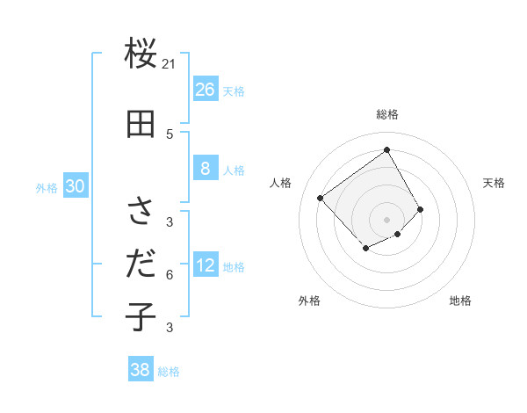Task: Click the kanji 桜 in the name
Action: [141, 54]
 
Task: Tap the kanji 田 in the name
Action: [141, 125]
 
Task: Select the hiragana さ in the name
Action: [141, 212]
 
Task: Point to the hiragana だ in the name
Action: [141, 263]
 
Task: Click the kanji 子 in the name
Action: [141, 315]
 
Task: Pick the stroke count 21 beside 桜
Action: [170, 63]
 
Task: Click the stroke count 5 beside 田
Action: [170, 134]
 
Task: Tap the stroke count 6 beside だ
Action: [170, 274]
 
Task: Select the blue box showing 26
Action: [206, 90]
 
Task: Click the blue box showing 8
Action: [206, 169]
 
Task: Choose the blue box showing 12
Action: [206, 265]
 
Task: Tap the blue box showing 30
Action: [75, 186]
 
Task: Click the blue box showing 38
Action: [141, 370]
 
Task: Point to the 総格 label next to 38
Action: [169, 372]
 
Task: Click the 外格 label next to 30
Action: [47, 188]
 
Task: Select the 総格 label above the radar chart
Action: [387, 114]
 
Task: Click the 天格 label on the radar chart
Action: [495, 183]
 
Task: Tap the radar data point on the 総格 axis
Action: [386, 149]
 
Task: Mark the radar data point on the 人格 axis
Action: [321, 198]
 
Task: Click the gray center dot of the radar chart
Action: [386, 219]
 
